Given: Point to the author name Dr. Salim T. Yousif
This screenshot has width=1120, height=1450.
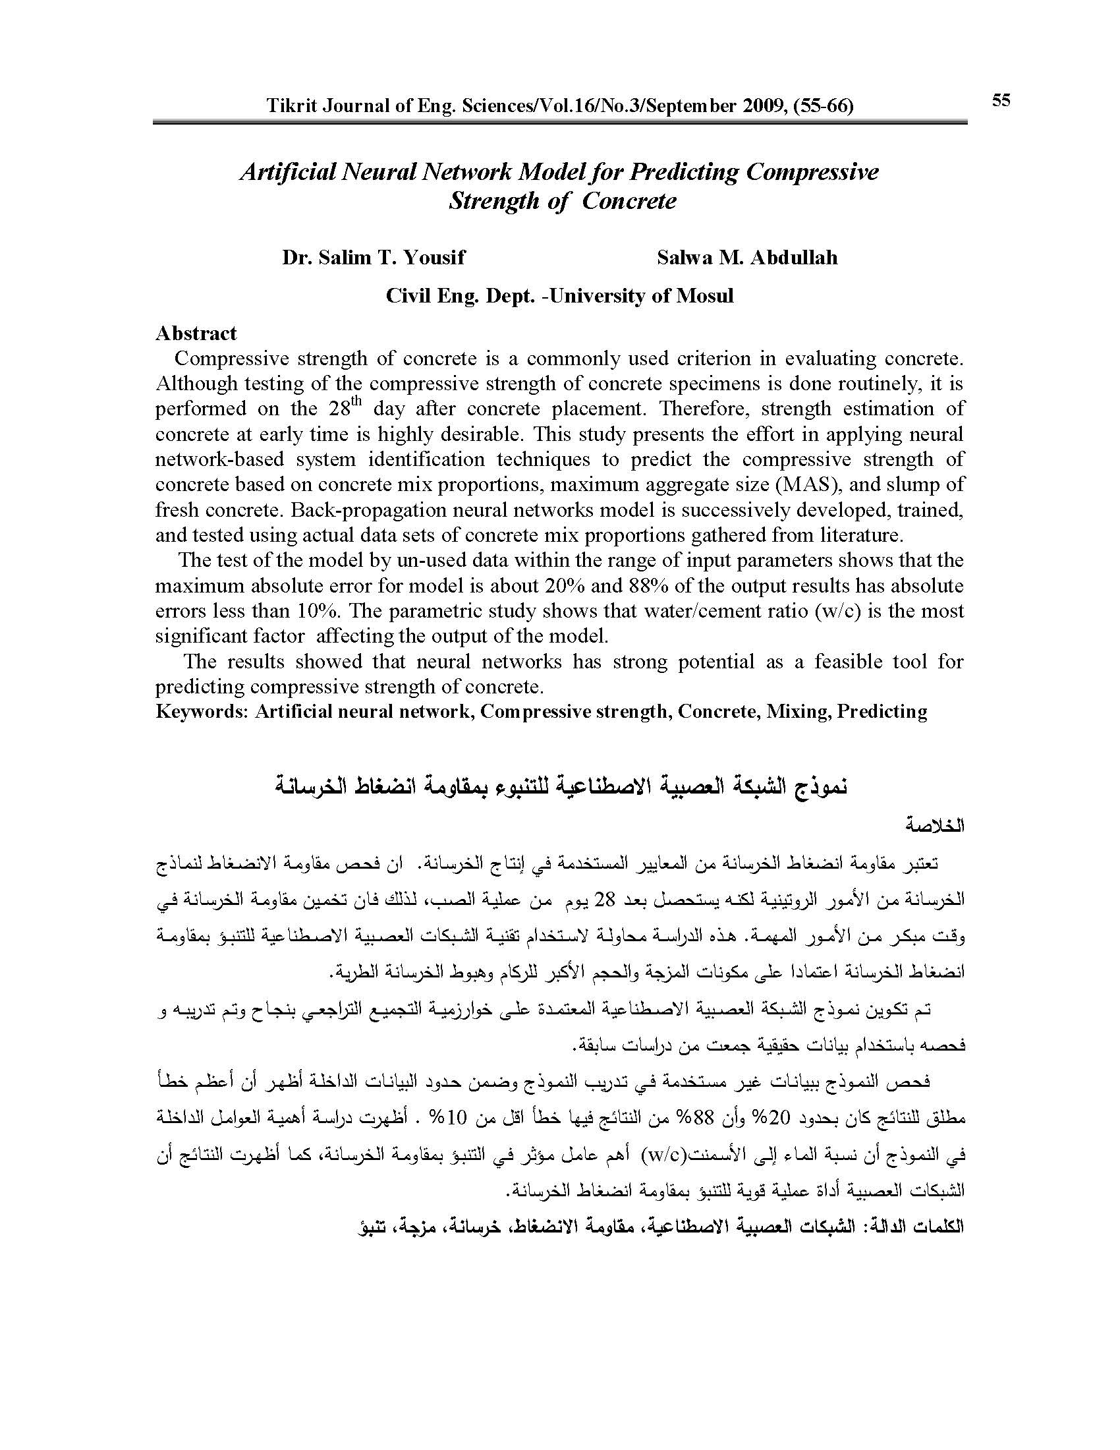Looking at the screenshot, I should coord(374,257).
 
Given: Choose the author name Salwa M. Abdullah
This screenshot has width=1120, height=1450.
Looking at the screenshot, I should coord(747,257).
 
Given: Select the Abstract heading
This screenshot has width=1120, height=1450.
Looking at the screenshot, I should coord(196,333).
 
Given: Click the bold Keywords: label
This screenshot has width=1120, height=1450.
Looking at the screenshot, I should coord(202,711).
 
